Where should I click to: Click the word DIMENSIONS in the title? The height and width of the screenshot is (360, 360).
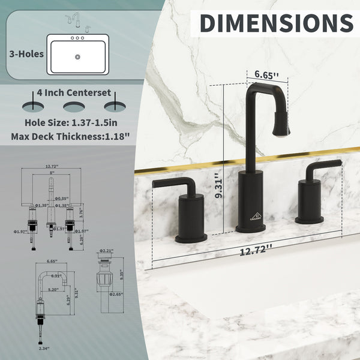tap(275, 23)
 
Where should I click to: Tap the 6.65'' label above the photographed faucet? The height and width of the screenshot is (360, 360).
tap(267, 75)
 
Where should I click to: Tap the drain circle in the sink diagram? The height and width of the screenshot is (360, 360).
tap(77, 58)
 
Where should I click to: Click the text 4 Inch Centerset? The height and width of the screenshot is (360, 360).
tap(73, 93)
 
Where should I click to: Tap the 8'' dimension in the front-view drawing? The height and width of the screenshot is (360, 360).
tap(53, 173)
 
